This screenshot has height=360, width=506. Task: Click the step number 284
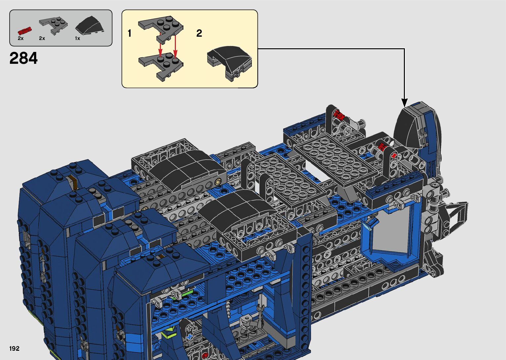click(23, 58)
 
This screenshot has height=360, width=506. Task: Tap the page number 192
click(14, 348)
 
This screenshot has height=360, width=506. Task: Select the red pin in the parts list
click(25, 31)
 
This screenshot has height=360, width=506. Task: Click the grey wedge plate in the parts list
click(53, 25)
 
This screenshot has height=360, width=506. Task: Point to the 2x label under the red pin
click(20, 38)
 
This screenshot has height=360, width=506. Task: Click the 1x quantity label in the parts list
click(77, 38)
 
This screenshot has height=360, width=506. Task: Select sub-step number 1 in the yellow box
click(130, 33)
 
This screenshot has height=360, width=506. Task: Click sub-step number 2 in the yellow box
click(199, 33)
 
